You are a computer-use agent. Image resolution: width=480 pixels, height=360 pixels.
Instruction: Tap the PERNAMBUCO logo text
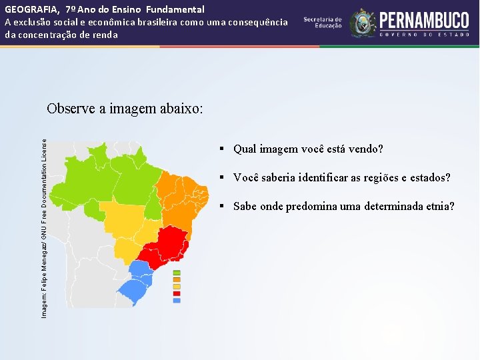click(425, 21)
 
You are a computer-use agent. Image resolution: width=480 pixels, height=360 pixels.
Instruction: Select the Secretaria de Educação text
click(323, 22)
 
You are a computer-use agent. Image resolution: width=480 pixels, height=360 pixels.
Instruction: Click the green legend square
click(177, 273)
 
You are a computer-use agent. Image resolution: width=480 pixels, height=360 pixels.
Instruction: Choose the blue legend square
click(177, 301)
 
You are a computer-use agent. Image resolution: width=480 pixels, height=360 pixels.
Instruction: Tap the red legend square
click(177, 294)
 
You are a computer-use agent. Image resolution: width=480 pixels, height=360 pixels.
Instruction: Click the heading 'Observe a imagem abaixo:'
click(125, 109)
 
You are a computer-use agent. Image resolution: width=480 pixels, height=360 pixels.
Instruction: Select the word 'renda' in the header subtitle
click(105, 35)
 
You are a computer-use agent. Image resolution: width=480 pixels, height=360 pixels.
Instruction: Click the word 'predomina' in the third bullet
click(309, 207)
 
